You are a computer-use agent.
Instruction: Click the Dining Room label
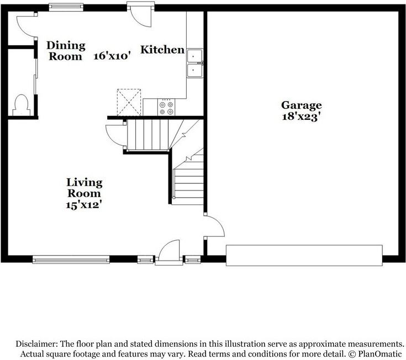tap(66, 50)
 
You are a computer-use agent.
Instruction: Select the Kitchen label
tap(162, 50)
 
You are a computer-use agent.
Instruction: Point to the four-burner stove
tap(166, 106)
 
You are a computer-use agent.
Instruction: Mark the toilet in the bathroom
tap(22, 104)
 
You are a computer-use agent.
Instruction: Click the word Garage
tap(301, 105)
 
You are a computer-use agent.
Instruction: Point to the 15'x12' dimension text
tap(84, 204)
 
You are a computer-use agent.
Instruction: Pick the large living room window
tap(71, 258)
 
